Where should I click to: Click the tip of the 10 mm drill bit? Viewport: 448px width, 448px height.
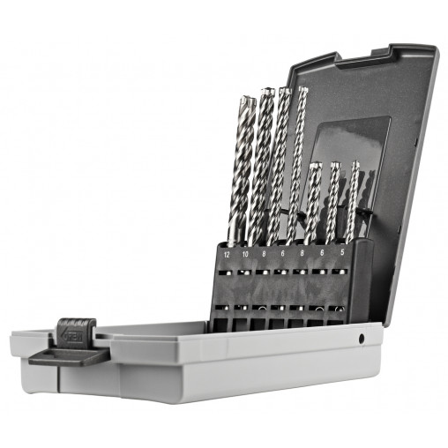(266, 90)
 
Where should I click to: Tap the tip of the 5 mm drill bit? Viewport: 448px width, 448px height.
(355, 164)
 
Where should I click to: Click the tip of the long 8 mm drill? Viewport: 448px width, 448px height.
(284, 89)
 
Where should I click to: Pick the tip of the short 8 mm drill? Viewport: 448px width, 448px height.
(315, 165)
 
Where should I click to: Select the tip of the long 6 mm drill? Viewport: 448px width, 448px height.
(302, 89)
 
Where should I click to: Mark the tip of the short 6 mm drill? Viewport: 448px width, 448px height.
(336, 164)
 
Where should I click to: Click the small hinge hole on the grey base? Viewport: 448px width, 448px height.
(362, 338)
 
